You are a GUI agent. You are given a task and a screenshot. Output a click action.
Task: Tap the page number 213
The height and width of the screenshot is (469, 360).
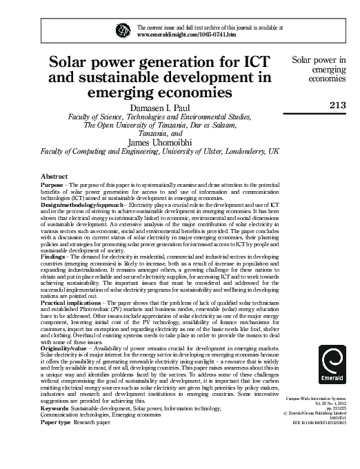[x=338, y=105]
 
